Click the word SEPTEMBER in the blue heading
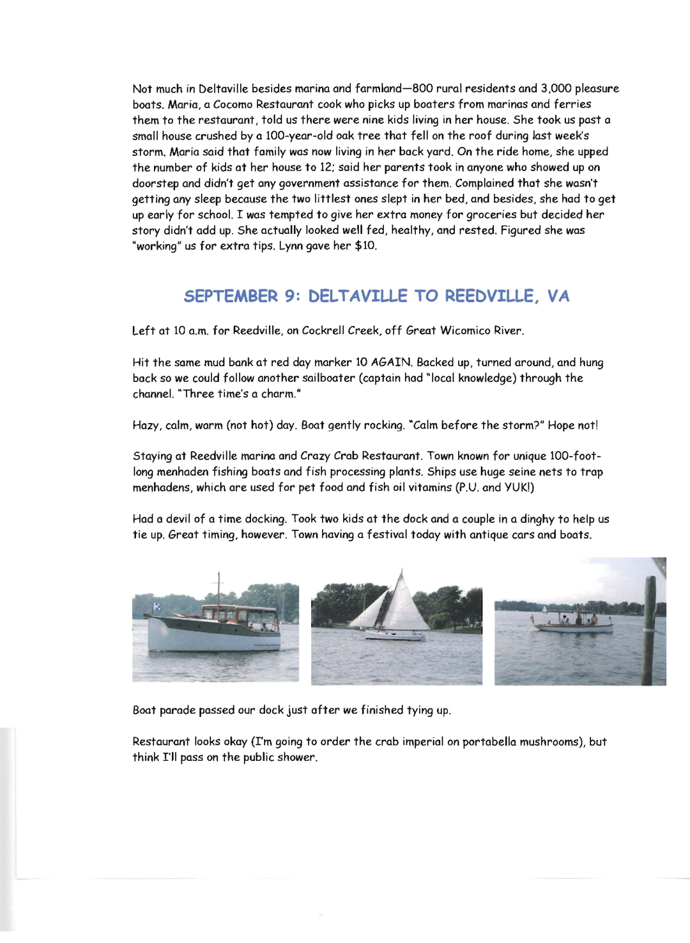[231, 296]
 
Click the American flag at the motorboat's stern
[275, 621]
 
